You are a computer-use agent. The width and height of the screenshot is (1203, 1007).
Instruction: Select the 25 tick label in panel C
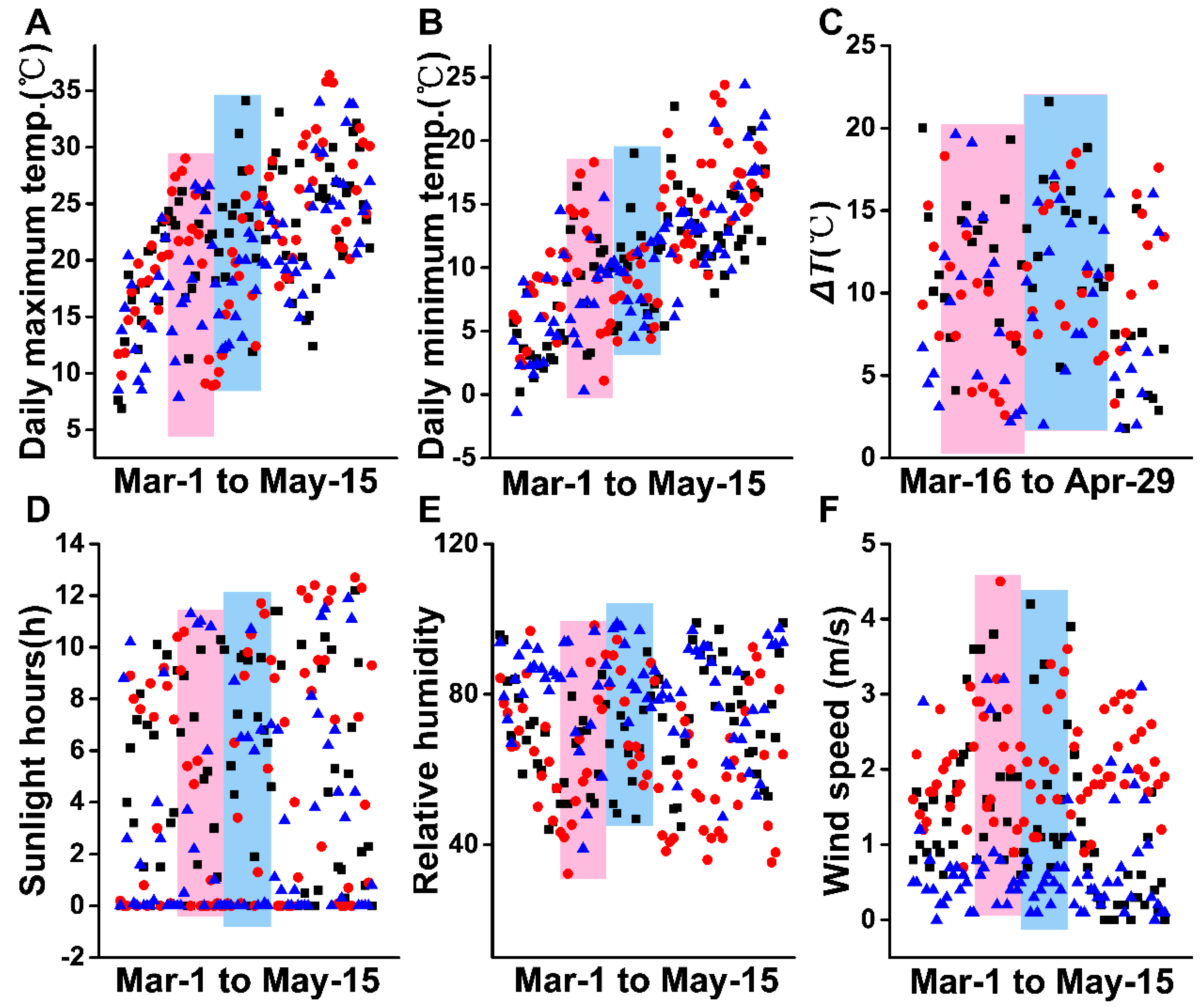click(861, 45)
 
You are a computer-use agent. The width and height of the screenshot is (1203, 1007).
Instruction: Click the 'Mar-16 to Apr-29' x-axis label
click(1037, 481)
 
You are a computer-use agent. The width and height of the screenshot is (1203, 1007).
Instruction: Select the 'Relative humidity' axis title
click(427, 750)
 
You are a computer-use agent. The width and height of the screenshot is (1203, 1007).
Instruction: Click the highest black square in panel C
click(1048, 101)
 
